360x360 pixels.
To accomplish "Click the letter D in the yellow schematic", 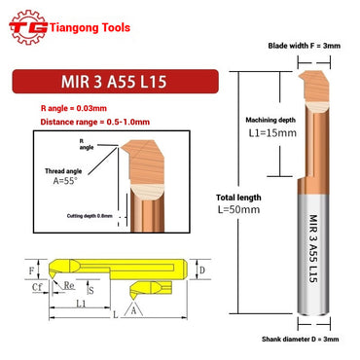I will pyautogui.click(x=202, y=268).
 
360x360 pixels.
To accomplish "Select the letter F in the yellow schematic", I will pyautogui.click(x=30, y=268).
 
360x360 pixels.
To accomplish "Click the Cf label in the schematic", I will pyautogui.click(x=36, y=289).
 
